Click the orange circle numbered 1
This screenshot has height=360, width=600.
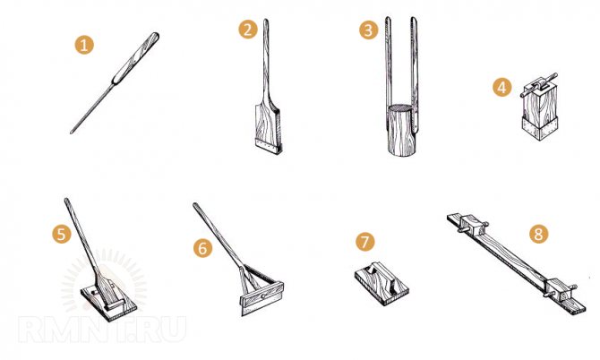point(84,45)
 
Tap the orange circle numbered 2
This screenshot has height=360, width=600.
point(247,30)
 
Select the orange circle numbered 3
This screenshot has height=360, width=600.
point(368,30)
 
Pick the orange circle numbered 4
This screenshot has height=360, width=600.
point(501,87)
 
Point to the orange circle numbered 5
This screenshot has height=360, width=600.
point(62,234)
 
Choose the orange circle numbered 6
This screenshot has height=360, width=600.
point(202,248)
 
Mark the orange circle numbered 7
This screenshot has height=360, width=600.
point(365,242)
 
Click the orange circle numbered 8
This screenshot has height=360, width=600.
point(538,234)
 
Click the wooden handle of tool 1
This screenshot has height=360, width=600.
point(136,56)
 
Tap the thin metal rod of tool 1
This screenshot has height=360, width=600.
point(92,108)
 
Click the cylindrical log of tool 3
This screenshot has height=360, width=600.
point(401,130)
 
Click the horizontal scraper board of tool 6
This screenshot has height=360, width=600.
point(262,298)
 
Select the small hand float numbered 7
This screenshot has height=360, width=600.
point(381,283)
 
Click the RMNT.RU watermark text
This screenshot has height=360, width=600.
point(102,330)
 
